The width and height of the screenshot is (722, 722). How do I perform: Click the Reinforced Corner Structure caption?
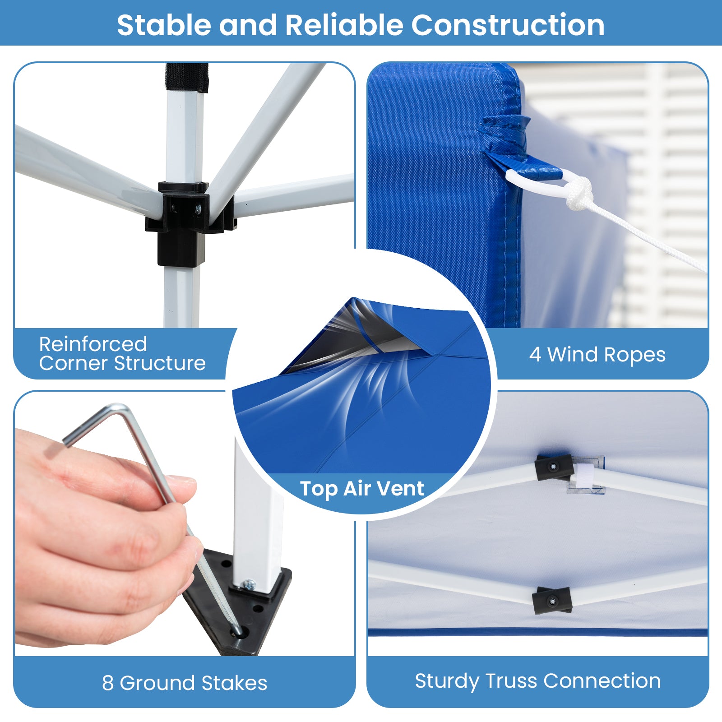[122, 353]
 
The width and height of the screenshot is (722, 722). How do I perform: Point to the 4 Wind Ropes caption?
[597, 355]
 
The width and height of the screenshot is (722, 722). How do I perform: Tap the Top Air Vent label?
[362, 489]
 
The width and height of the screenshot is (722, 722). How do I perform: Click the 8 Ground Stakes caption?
[185, 683]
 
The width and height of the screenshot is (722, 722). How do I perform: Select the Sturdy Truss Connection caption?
[538, 681]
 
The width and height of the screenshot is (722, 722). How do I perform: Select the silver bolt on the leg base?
[249, 585]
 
